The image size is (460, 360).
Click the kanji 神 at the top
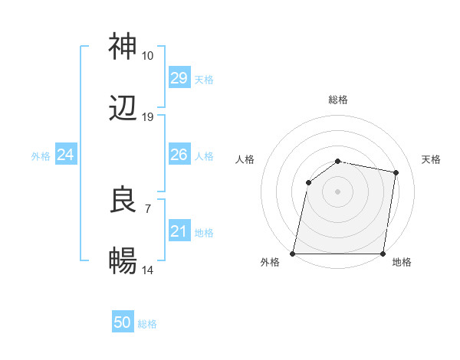[123, 47]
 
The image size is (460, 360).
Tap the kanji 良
[123, 200]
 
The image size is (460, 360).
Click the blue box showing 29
[179, 78]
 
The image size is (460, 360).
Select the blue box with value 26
[179, 155]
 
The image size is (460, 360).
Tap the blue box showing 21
[179, 231]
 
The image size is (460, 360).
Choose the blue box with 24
[65, 155]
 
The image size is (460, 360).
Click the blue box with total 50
[123, 322]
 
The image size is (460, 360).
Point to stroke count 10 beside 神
[147, 56]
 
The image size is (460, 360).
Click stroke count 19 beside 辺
[147, 117]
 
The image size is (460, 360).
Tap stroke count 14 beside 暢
[147, 270]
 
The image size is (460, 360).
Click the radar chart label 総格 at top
[338, 100]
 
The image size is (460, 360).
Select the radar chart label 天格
[431, 159]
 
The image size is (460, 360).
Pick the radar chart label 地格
[402, 263]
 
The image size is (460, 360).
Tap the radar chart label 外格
[270, 263]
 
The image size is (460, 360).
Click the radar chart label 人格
[245, 159]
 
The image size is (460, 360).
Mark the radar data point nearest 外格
[293, 254]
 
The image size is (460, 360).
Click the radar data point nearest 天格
[396, 173]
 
